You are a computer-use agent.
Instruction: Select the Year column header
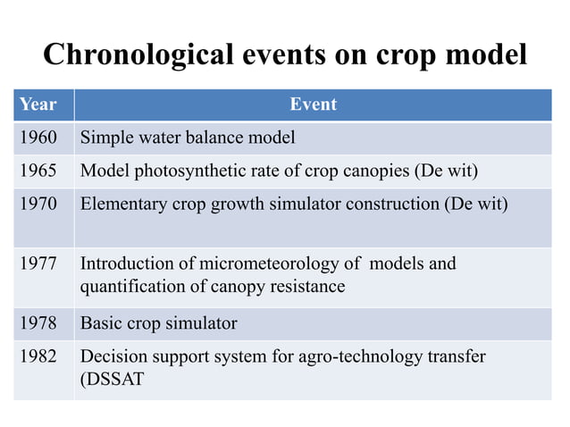[x=38, y=105]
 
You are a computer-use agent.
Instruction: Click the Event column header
[x=313, y=105]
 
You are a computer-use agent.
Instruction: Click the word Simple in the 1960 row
[x=105, y=138]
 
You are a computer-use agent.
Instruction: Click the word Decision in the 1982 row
[x=111, y=356]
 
